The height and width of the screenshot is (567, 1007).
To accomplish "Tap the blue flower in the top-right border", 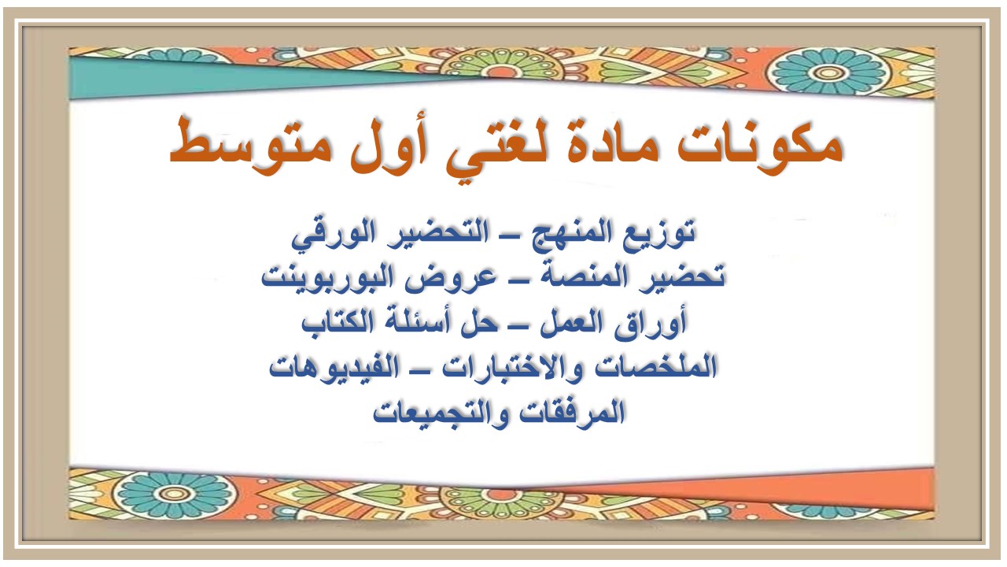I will (834, 72).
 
